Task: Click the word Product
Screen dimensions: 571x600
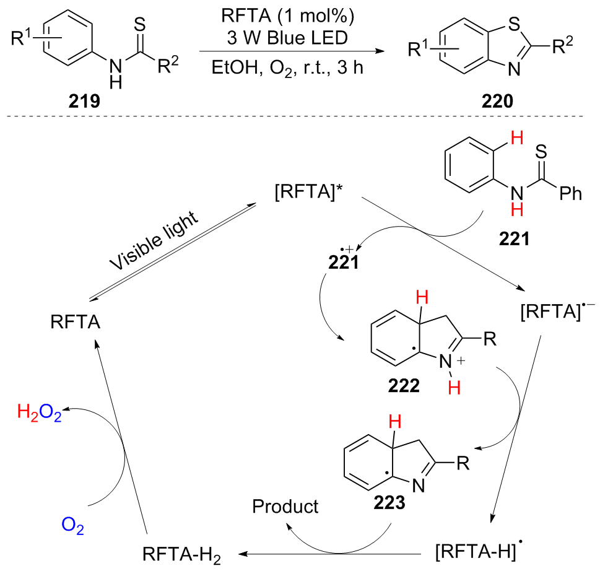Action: tap(285, 507)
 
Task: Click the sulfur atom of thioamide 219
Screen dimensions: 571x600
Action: tap(140, 24)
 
